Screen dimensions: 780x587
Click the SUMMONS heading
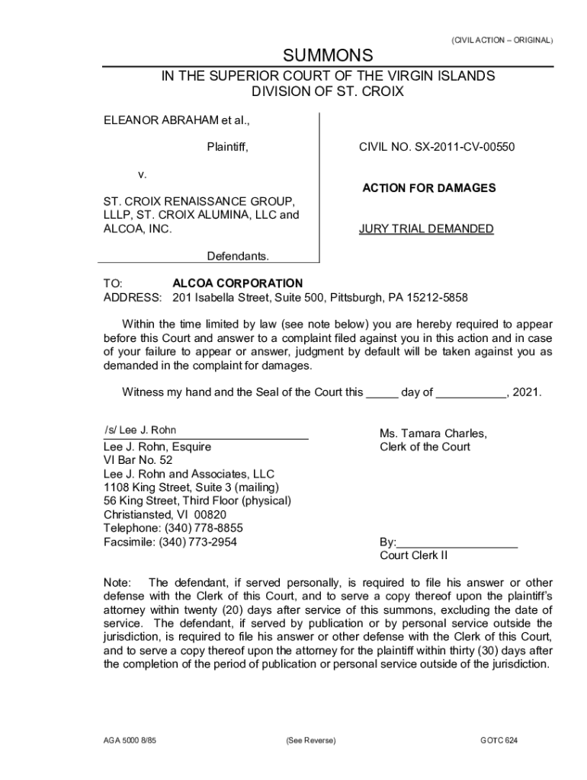(328, 56)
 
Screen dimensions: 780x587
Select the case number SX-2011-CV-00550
(465, 147)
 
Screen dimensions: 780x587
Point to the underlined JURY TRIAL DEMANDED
(426, 229)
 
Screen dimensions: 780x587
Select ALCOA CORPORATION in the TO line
(237, 283)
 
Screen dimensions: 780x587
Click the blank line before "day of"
(382, 393)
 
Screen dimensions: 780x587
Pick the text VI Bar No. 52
(138, 461)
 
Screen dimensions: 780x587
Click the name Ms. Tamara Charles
(433, 433)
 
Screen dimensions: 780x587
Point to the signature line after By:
(457, 542)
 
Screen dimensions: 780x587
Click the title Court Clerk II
(414, 556)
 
